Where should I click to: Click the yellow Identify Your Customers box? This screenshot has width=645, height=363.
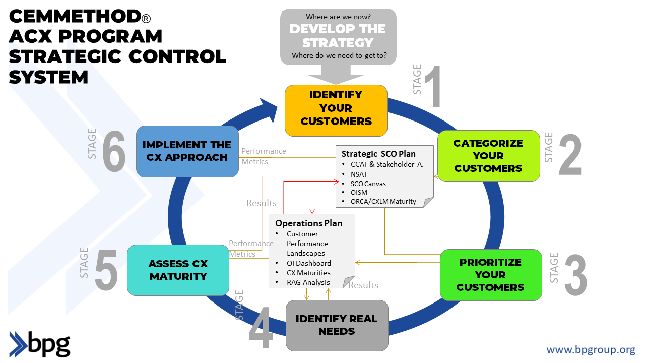coord(336,110)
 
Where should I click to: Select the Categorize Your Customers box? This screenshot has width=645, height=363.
coord(488,156)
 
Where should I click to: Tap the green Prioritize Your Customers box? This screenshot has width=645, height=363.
coord(490,275)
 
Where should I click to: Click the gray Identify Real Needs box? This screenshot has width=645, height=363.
coord(337,325)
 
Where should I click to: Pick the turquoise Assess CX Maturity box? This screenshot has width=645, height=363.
coord(178,270)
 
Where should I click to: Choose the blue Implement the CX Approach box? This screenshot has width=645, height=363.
coord(187,151)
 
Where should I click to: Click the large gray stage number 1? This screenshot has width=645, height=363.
coord(433,87)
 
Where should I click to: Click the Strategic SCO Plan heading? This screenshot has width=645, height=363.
coord(378,154)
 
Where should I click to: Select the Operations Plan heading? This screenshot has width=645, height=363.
coord(308,223)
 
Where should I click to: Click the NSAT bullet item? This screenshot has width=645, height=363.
coord(359,174)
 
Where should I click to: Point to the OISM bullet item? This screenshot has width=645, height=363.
coord(359,192)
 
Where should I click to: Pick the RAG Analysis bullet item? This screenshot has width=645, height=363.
coord(308,282)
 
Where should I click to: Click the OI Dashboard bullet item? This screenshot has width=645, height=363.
coord(308,263)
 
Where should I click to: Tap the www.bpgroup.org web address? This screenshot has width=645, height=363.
coord(591,349)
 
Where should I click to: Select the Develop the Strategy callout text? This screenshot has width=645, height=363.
coord(338,36)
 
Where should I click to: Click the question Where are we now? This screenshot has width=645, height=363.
coord(338,17)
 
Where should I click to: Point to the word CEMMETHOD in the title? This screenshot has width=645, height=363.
coord(75,17)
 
